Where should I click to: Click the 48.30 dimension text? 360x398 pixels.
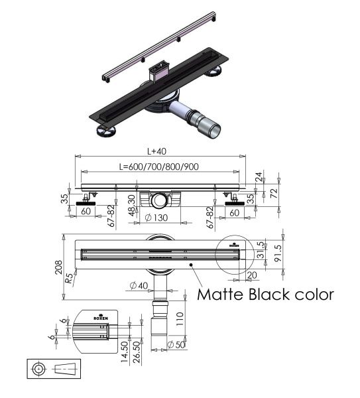[132, 206]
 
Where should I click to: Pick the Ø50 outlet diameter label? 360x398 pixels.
[176, 344]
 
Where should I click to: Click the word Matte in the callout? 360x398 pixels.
[218, 293]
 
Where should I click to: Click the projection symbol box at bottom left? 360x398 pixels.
[54, 368]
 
